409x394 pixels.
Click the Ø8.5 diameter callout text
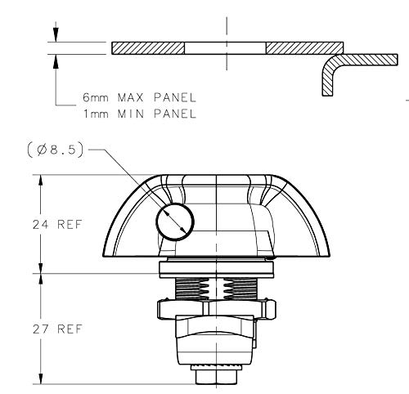coord(56,150)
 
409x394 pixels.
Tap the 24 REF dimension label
coord(57,225)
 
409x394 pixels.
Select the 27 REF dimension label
coord(57,329)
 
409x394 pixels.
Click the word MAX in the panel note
coord(130,97)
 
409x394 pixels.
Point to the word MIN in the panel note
coord(130,114)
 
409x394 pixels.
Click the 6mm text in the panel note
coord(96,97)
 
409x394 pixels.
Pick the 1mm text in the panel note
coord(96,114)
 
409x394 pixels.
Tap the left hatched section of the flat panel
coord(148,48)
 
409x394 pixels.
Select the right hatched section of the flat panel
coord(304,48)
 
